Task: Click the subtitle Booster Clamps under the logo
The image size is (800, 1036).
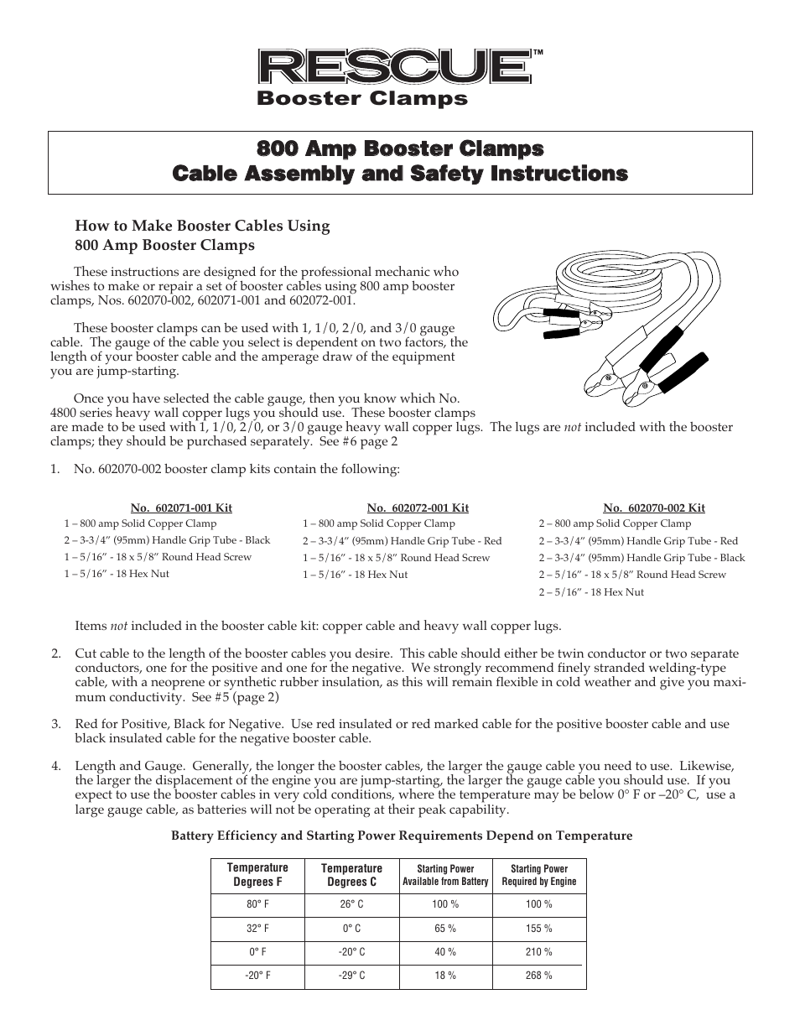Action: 361,99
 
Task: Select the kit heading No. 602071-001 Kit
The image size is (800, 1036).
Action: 181,508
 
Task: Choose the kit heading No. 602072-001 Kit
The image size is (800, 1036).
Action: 418,508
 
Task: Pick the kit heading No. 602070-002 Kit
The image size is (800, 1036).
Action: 654,508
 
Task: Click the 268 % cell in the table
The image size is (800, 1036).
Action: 538,976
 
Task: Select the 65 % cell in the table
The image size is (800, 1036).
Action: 445,929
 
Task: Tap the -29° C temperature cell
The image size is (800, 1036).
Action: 351,976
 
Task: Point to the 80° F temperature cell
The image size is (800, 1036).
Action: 257,904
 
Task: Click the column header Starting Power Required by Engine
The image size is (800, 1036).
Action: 538,875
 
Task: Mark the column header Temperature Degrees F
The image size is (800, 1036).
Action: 257,875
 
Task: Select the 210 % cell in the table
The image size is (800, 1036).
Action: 538,952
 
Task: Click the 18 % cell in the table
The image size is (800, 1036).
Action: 445,976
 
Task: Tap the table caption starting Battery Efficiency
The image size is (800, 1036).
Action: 402,836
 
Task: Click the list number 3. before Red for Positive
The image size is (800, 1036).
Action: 55,724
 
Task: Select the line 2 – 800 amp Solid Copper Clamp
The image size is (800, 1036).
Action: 615,523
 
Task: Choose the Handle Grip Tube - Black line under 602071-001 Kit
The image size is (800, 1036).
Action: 167,540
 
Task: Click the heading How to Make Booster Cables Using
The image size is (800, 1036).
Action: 202,226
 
